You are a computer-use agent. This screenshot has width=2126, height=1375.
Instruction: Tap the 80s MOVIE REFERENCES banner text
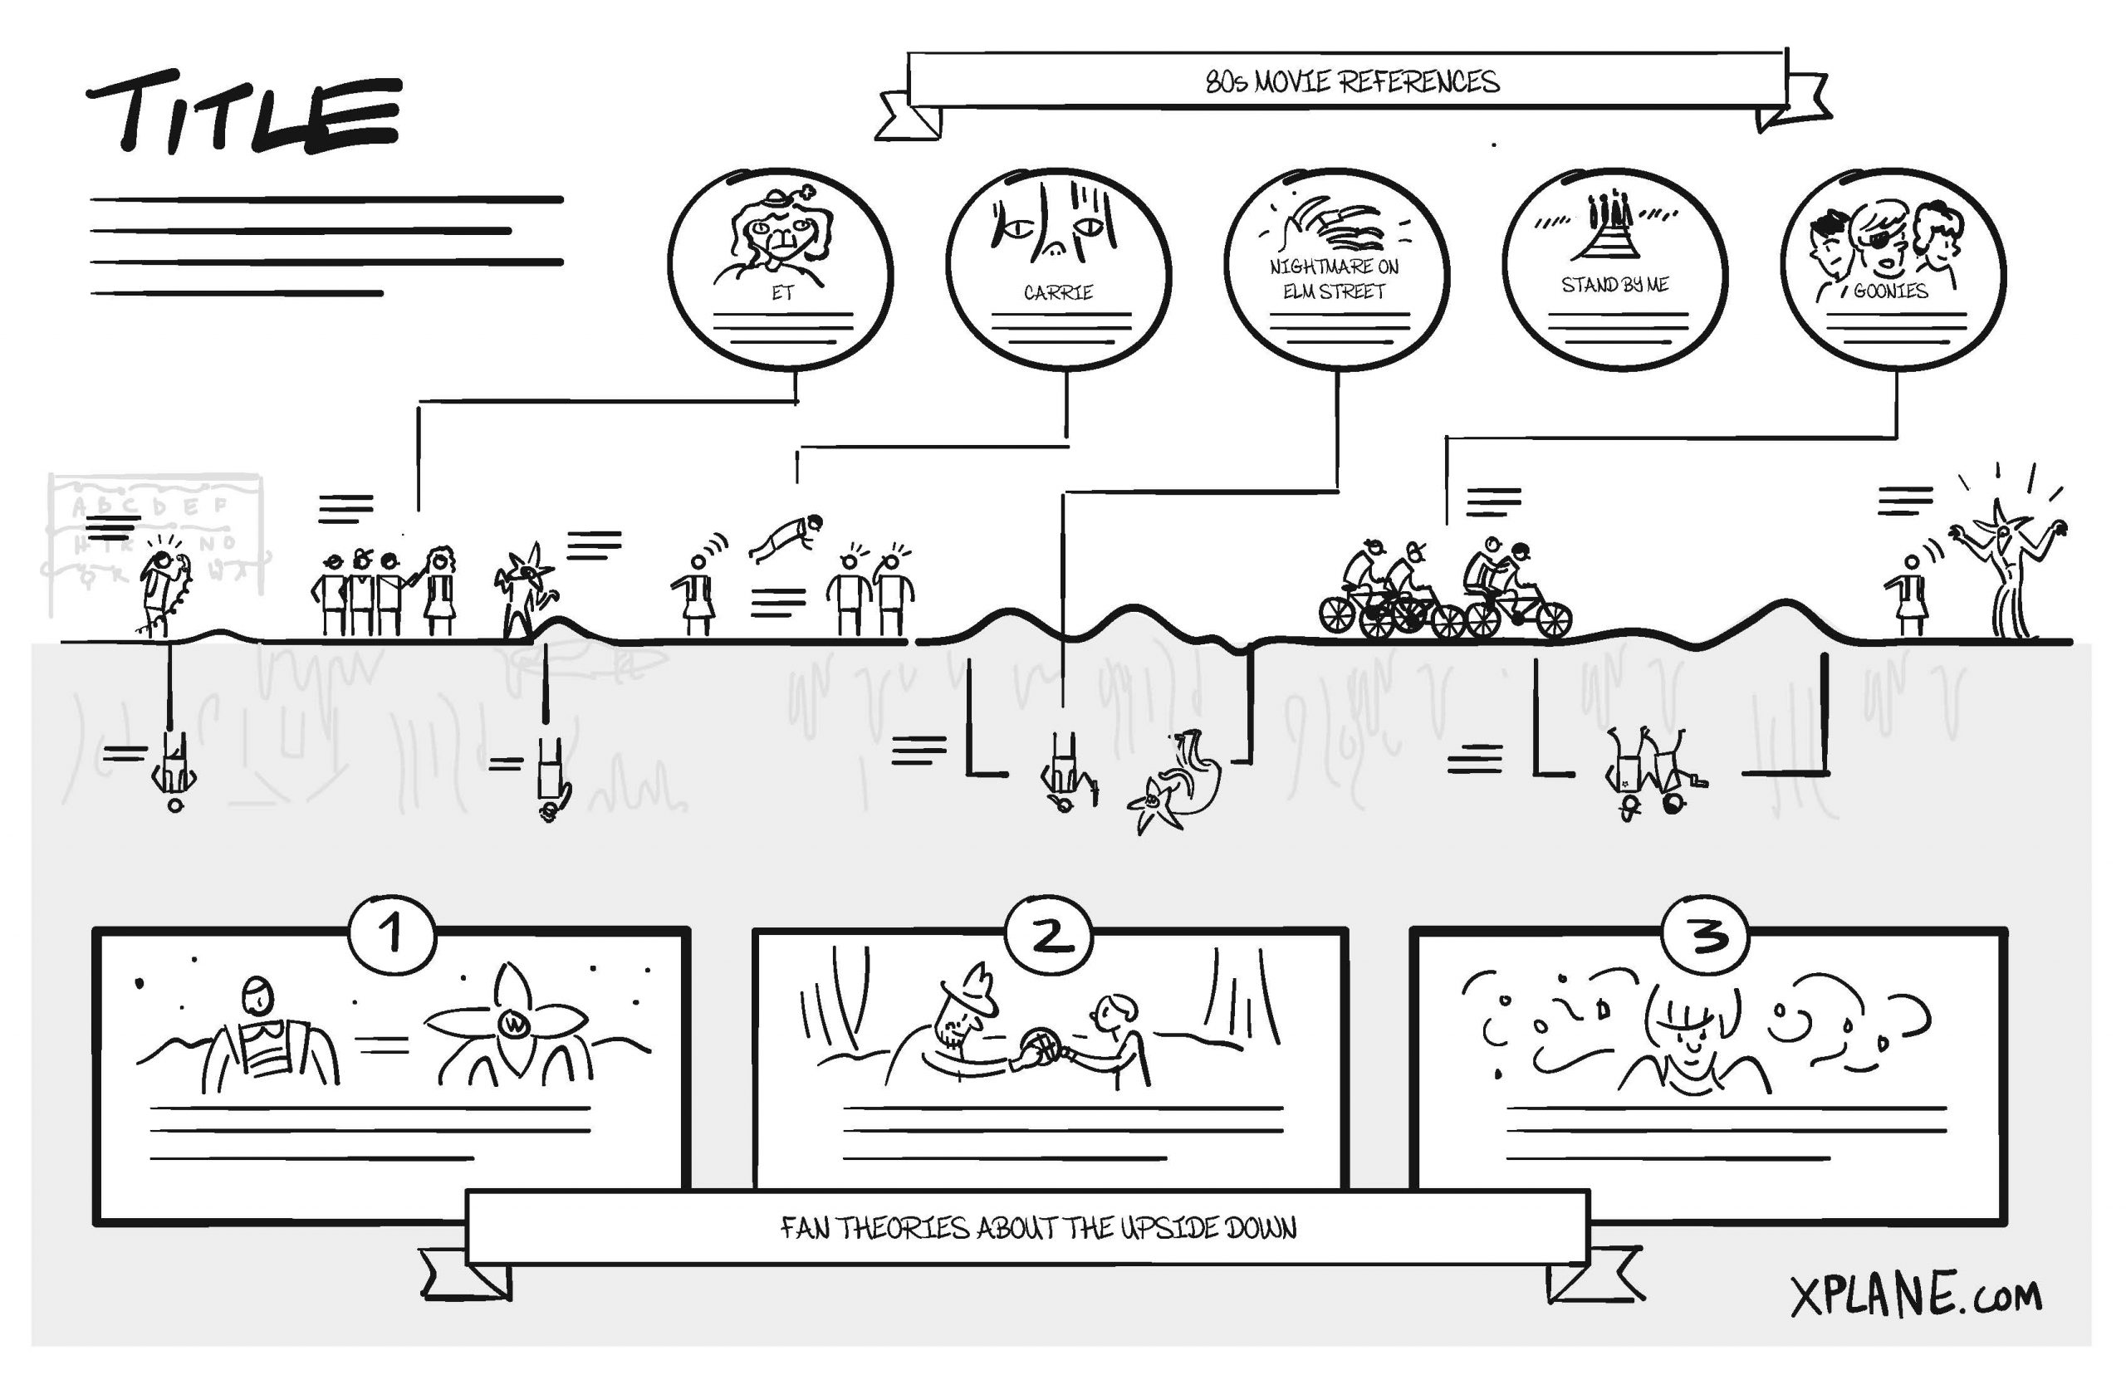pos(1351,82)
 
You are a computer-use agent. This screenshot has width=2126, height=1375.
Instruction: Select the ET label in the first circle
pos(782,293)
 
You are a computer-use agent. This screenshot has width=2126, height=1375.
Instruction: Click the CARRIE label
pos(1058,292)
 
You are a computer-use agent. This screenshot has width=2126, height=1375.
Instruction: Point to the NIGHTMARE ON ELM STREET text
pos(1334,279)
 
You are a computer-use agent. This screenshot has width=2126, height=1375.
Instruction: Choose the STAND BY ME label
pos(1614,285)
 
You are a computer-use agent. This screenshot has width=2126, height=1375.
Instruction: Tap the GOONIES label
pos(1890,291)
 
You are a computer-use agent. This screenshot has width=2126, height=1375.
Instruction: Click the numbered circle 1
pos(392,933)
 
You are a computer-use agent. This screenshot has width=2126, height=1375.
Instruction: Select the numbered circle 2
pos(1047,935)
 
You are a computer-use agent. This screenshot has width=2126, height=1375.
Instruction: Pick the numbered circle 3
pos(1706,935)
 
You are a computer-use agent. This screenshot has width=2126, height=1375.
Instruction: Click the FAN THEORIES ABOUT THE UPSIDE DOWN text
pos(1038,1228)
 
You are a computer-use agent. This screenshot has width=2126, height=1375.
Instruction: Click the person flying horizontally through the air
pos(786,536)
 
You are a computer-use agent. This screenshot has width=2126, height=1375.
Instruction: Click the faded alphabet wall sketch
pos(156,536)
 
